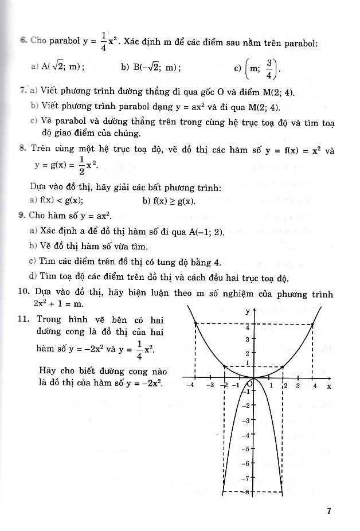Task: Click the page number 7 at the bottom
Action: [x=329, y=512]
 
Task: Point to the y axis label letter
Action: [x=247, y=311]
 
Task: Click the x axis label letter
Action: [x=328, y=386]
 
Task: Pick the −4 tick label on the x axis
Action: [x=191, y=386]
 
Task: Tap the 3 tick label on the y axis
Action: [x=247, y=340]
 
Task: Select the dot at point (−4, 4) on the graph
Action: [x=196, y=324]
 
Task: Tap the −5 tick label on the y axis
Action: [x=245, y=448]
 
